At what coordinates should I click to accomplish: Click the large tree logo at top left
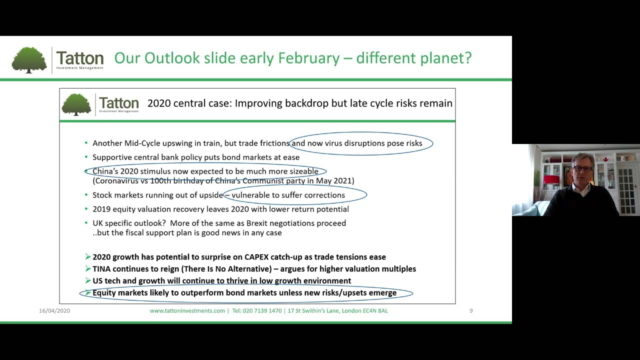[29, 60]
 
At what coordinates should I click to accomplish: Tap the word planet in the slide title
[444, 58]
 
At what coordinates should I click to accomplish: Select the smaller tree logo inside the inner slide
[76, 104]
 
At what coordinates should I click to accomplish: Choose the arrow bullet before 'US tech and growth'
[87, 281]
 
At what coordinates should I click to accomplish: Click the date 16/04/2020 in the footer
[54, 310]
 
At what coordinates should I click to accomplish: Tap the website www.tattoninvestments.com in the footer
[187, 310]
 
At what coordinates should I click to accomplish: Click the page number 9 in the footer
[471, 310]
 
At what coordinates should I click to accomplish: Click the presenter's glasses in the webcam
[583, 169]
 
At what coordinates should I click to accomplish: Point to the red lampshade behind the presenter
[551, 179]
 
